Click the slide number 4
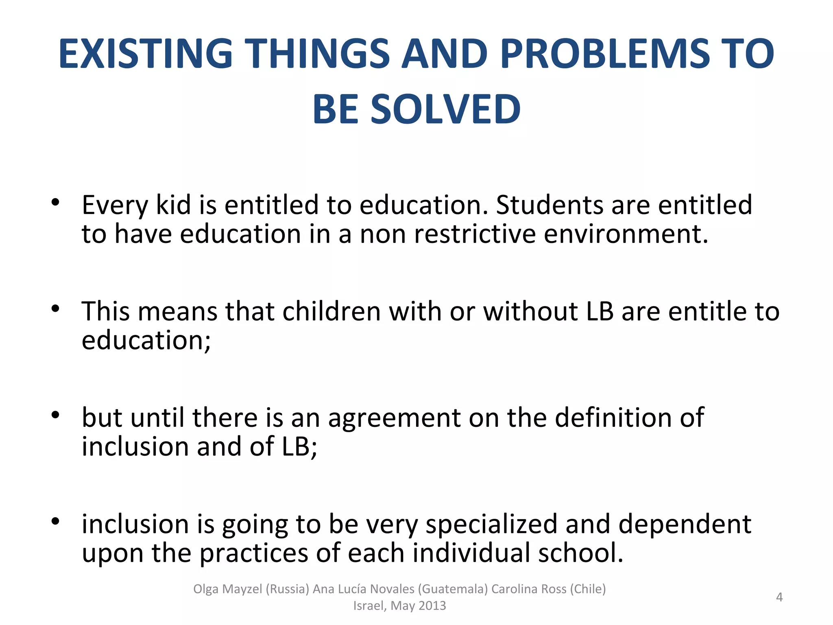pyautogui.click(x=779, y=597)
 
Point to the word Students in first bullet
pyautogui.click(x=550, y=205)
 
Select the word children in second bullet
pyautogui.click(x=331, y=311)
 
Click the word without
pyautogui.click(x=531, y=311)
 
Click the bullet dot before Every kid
pyautogui.click(x=56, y=202)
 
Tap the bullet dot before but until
pyautogui.click(x=56, y=415)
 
